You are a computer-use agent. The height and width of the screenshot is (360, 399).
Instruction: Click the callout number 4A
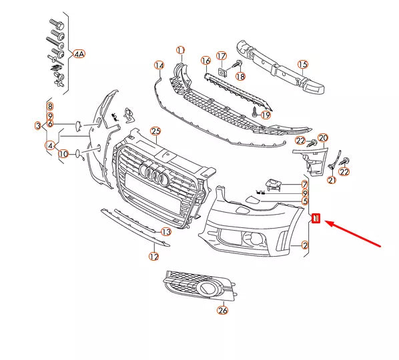coord(79,53)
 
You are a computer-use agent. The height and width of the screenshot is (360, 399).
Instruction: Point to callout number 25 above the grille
coord(156,131)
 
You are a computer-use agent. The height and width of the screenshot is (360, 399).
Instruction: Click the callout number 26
coord(222,309)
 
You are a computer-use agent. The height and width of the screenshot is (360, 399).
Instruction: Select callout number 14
coord(159,65)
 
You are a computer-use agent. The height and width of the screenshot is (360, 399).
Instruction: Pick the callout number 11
coord(180,50)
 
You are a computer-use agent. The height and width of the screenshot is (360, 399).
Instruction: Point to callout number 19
coord(266,115)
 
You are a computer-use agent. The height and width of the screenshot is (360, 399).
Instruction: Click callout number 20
coord(323,138)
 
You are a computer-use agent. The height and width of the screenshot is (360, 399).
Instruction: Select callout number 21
coord(332,179)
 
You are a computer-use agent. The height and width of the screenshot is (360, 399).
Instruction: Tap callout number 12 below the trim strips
coord(154,255)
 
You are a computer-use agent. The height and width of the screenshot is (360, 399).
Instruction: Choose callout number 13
coord(166,231)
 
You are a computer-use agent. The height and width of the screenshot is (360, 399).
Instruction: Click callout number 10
coord(63,154)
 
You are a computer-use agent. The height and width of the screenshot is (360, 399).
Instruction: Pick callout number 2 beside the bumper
coord(305,246)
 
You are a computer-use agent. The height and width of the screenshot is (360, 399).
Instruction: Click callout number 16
coord(206,61)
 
